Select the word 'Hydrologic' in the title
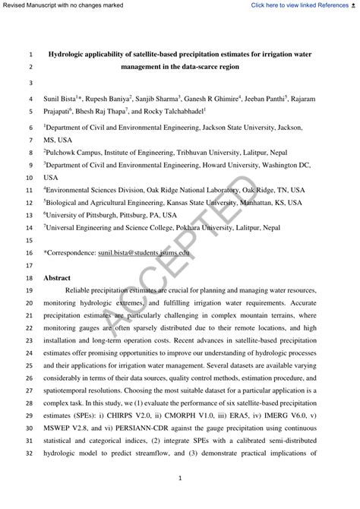[x=71, y=55]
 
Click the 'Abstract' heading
[x=57, y=278]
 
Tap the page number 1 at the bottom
[x=180, y=479]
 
